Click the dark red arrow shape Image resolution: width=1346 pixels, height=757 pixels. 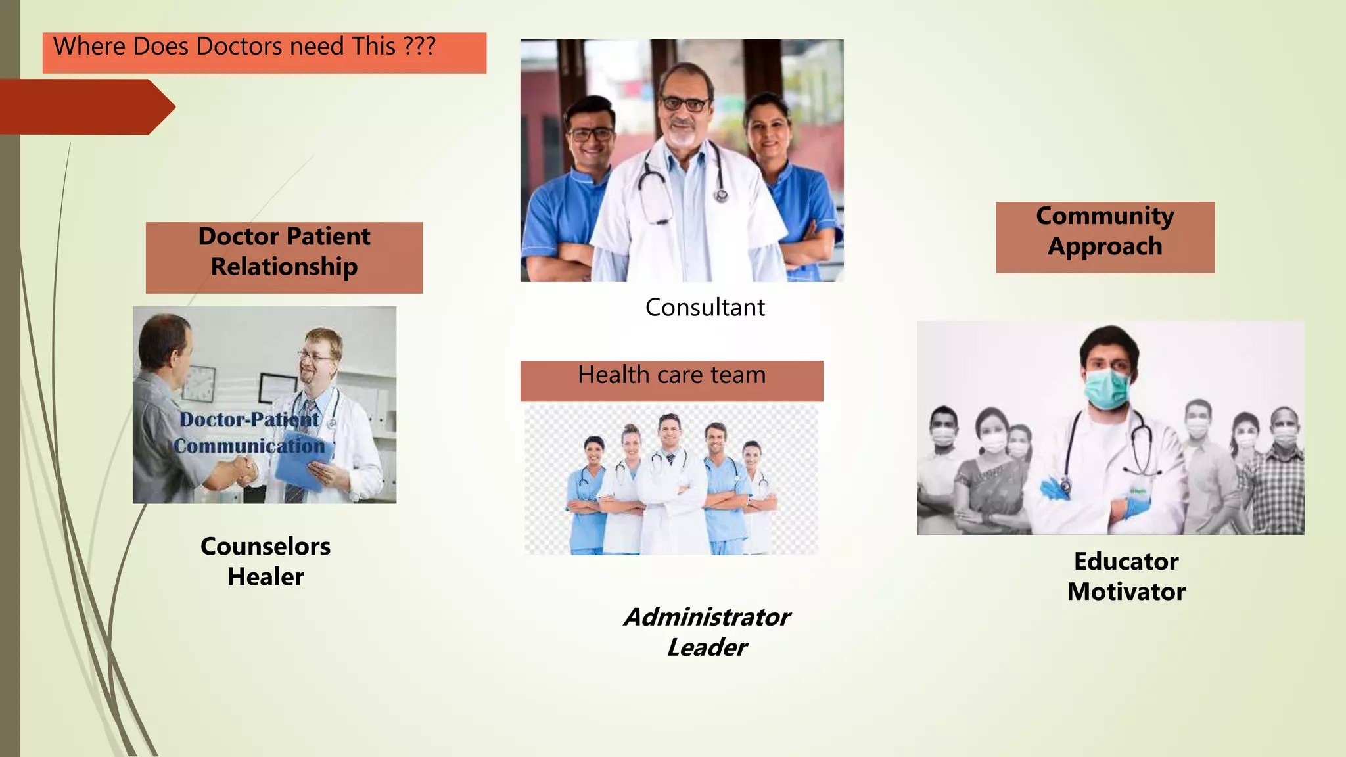(x=85, y=106)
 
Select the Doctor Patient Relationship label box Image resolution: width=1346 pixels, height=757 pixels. (x=284, y=257)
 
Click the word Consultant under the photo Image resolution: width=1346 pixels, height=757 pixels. (x=705, y=308)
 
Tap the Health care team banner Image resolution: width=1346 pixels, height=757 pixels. (x=671, y=380)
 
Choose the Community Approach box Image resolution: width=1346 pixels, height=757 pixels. (x=1105, y=237)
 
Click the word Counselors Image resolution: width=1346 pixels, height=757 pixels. (x=266, y=546)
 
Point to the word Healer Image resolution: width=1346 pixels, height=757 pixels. (x=266, y=577)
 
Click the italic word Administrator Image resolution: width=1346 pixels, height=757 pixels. (x=707, y=617)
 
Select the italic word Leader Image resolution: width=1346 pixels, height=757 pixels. (x=707, y=648)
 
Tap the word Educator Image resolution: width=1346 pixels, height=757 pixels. (x=1126, y=562)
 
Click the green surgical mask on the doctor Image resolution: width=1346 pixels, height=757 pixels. (x=1107, y=388)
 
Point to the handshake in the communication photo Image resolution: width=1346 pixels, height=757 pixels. (x=238, y=469)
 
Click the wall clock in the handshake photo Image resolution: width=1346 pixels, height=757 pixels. (x=199, y=383)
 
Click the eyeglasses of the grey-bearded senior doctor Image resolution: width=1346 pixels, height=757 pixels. (x=684, y=104)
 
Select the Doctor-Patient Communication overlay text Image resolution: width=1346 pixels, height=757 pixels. (x=249, y=432)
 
